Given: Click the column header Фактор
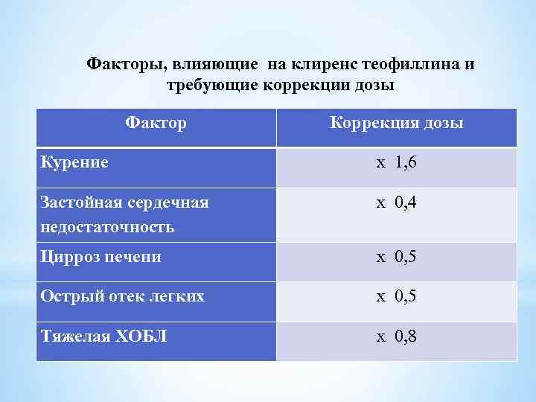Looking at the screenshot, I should point(156,122).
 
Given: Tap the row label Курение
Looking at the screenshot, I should point(74,162).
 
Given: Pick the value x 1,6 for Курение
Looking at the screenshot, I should point(396,162).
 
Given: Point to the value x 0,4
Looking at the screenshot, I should point(396,202).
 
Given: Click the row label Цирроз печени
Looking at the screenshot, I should point(101,257).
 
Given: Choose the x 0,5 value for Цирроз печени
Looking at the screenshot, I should point(396,257).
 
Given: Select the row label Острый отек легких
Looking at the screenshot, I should point(123,296).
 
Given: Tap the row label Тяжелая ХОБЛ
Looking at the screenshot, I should point(103,336).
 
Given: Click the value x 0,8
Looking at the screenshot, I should point(396,336).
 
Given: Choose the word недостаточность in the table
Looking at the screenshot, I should point(108,226).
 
